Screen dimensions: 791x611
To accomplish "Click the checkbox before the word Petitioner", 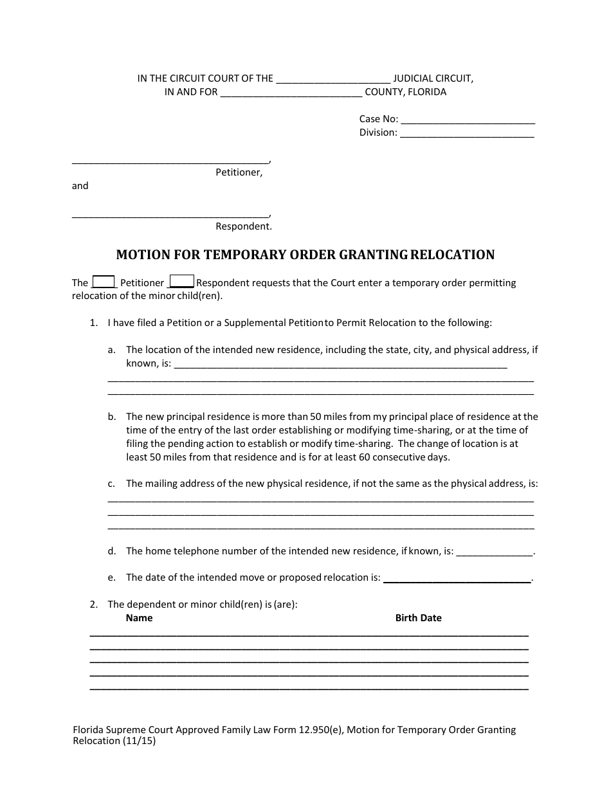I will pyautogui.click(x=104, y=282).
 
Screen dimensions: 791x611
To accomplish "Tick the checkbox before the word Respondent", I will pyautogui.click(x=181, y=282).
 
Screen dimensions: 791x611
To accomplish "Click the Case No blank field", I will pyautogui.click(x=468, y=119).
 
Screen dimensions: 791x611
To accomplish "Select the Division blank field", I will pyautogui.click(x=467, y=133).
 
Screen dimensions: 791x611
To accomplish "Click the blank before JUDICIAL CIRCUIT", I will pyautogui.click(x=333, y=79).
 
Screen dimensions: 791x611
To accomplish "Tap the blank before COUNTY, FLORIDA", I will pyautogui.click(x=291, y=93).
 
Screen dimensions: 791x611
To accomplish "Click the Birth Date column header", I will pyautogui.click(x=418, y=618).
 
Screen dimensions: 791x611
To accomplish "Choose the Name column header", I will pyautogui.click(x=139, y=618).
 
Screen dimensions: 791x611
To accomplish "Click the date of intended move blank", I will pyautogui.click(x=457, y=578).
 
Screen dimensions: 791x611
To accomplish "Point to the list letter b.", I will pyautogui.click(x=112, y=417).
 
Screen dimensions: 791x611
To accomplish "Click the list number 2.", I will pyautogui.click(x=94, y=605).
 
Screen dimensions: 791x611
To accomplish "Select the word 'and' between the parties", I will pyautogui.click(x=80, y=186).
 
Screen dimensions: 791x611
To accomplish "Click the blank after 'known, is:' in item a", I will pyautogui.click(x=340, y=364).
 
